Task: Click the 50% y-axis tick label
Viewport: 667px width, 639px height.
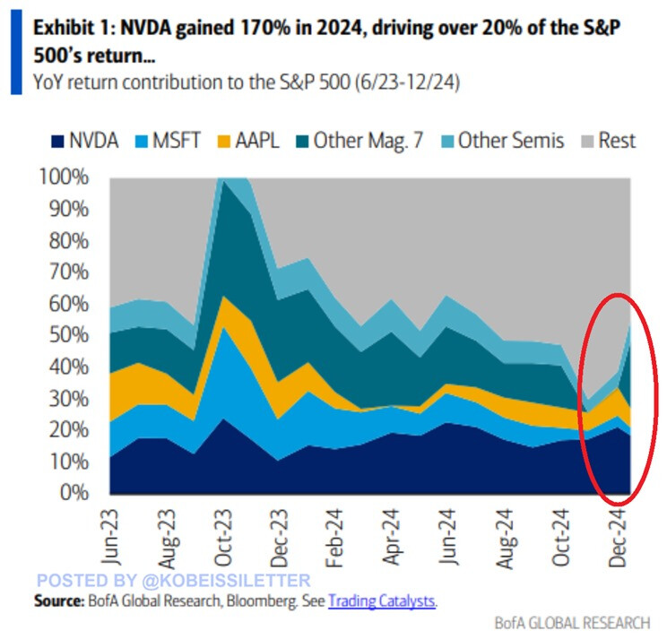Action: tap(69, 335)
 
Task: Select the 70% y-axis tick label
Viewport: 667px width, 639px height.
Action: tap(69, 272)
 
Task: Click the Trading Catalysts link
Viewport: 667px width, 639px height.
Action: tap(381, 600)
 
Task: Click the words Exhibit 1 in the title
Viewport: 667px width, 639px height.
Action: tap(70, 27)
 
